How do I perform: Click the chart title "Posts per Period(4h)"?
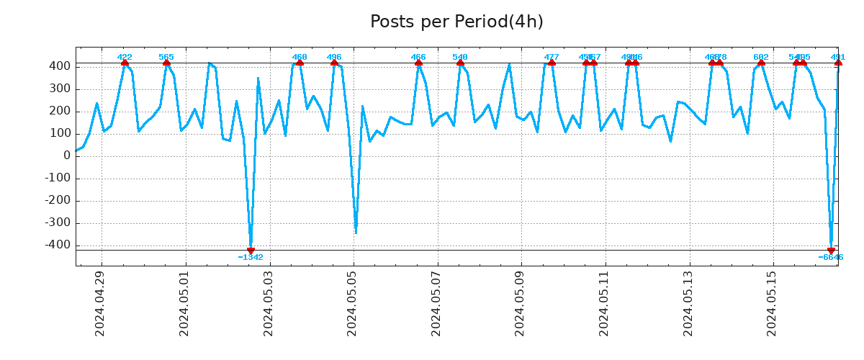pyautogui.click(x=456, y=22)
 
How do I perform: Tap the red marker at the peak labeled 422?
pyautogui.click(x=125, y=63)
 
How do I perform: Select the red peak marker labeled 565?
pyautogui.click(x=166, y=63)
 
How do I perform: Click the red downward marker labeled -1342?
pyautogui.click(x=251, y=251)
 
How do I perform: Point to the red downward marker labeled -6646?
pyautogui.click(x=831, y=251)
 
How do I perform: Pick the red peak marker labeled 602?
pyautogui.click(x=761, y=63)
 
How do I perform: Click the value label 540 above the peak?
pyautogui.click(x=460, y=57)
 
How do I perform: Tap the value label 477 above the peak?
pyautogui.click(x=552, y=57)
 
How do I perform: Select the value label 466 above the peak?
pyautogui.click(x=418, y=57)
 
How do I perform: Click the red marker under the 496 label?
pyautogui.click(x=334, y=63)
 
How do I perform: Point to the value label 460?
pyautogui.click(x=300, y=57)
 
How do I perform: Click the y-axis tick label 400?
pyautogui.click(x=60, y=66)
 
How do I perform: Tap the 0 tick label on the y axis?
pyautogui.click(x=66, y=156)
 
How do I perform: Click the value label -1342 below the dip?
pyautogui.click(x=251, y=258)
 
